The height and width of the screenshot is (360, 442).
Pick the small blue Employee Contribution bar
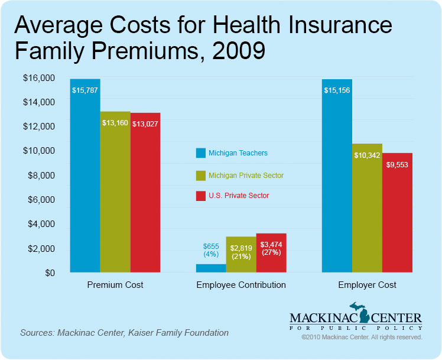[x=210, y=268]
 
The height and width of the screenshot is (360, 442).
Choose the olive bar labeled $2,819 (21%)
[x=241, y=255]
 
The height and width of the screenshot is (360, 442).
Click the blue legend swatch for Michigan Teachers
[x=200, y=154]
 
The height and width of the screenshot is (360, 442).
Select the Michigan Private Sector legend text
[x=246, y=176]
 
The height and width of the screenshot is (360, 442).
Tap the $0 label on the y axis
[x=52, y=273]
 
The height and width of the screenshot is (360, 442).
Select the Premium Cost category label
[x=115, y=285]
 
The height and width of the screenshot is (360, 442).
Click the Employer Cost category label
[x=367, y=285]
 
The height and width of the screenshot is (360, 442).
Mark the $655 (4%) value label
[x=211, y=250]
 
